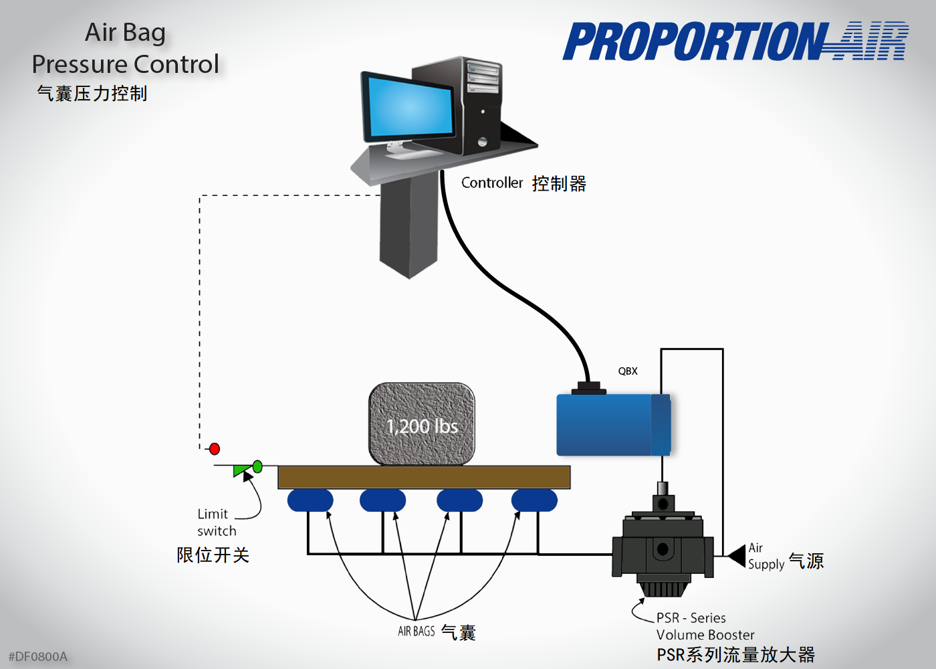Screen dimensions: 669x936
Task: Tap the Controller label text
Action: (x=492, y=183)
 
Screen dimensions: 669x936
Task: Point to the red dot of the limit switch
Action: (x=215, y=449)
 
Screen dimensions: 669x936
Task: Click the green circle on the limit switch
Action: (x=257, y=466)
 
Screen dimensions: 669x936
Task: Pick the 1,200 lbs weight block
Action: (x=422, y=425)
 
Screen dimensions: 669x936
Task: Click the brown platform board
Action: (x=424, y=477)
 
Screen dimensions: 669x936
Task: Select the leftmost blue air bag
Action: (x=310, y=500)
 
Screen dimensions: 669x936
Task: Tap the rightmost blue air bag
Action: (x=534, y=500)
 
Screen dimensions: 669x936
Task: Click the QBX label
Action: (x=628, y=371)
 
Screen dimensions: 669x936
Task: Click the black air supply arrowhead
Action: (x=737, y=556)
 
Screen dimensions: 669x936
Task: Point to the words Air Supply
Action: (x=765, y=556)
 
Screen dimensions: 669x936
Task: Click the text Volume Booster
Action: (x=705, y=635)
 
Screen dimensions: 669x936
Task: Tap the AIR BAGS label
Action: (x=416, y=631)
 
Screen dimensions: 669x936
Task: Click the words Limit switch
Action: (x=216, y=522)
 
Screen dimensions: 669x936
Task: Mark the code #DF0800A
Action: (x=38, y=656)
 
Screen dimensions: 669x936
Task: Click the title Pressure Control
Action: (x=125, y=64)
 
